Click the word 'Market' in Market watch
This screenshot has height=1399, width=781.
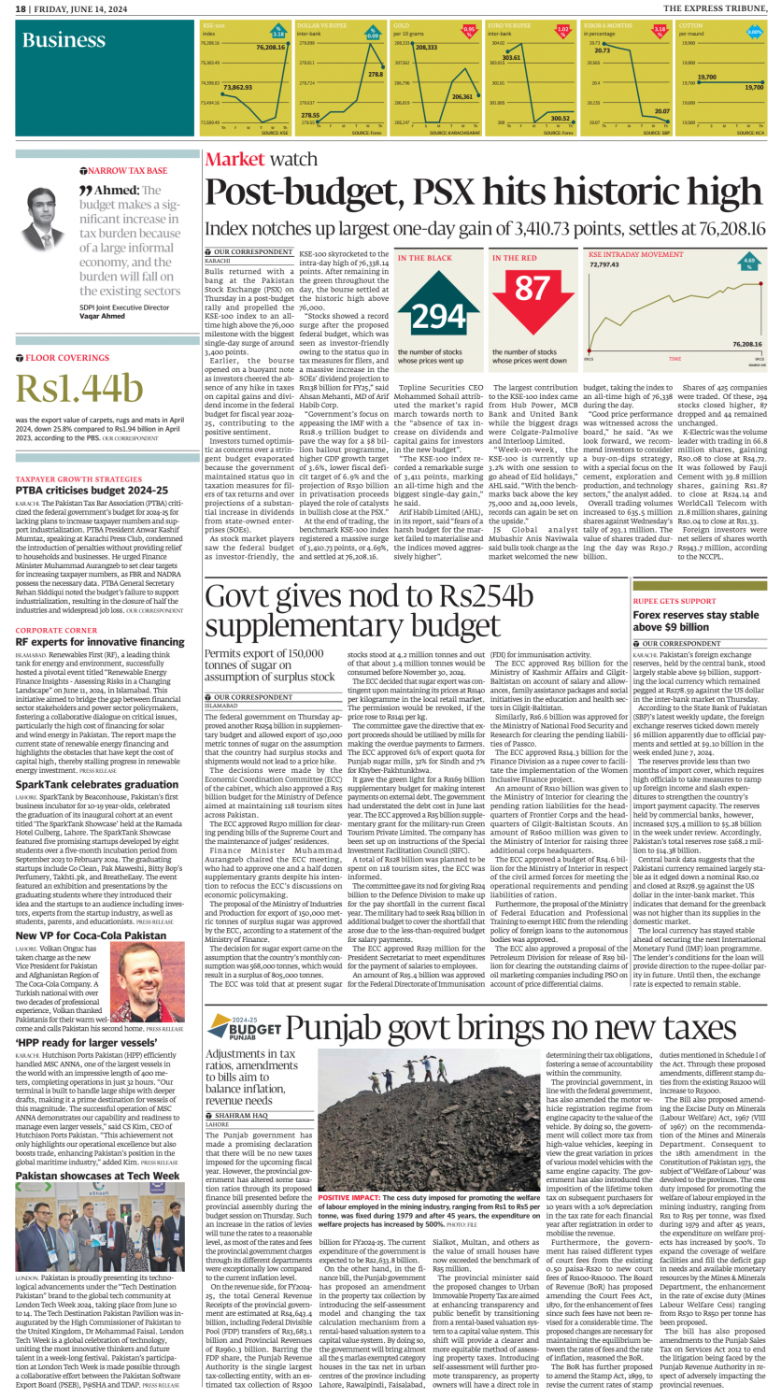coord(236,160)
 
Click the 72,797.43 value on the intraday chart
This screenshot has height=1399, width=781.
coord(605,265)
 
